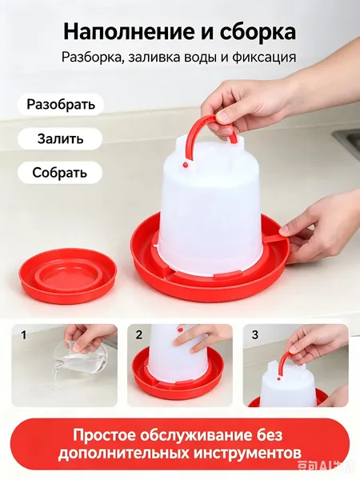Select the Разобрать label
pos(61,104)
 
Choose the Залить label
pos(60,138)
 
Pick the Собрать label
pos(60,173)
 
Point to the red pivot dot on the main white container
pos(185,165)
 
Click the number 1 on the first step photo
pos(23,335)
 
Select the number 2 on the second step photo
pos(139,335)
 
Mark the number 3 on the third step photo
pos(255,335)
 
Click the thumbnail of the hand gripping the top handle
pos(296,366)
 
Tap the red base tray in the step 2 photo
pos(180,382)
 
